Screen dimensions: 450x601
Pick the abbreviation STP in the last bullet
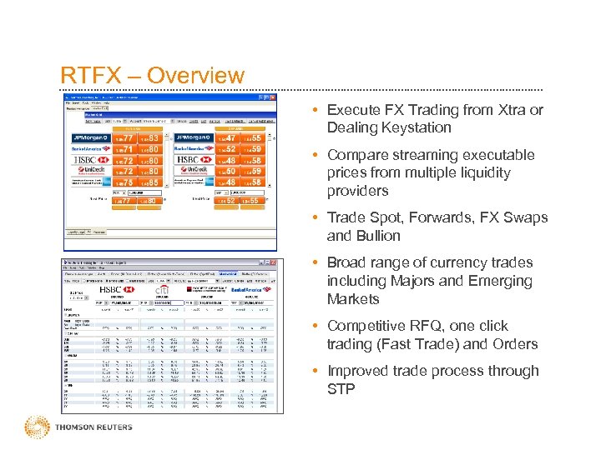click(x=341, y=388)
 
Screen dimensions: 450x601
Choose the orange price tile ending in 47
click(x=226, y=137)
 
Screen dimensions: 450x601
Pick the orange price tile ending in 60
click(x=226, y=171)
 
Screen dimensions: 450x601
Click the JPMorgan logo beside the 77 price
click(x=89, y=137)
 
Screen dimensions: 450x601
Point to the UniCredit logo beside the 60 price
click(x=193, y=171)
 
